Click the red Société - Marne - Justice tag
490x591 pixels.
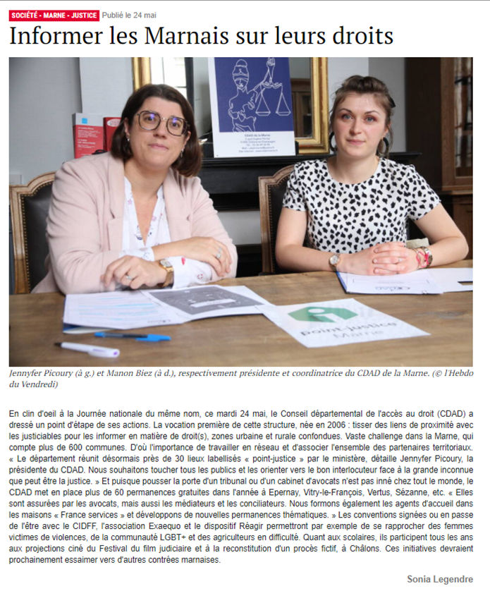point(54,15)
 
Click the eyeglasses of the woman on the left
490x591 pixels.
point(162,123)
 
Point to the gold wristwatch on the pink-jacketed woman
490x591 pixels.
point(167,270)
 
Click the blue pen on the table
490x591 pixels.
point(133,336)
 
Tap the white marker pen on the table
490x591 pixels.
point(87,348)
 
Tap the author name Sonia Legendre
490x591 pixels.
point(439,579)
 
